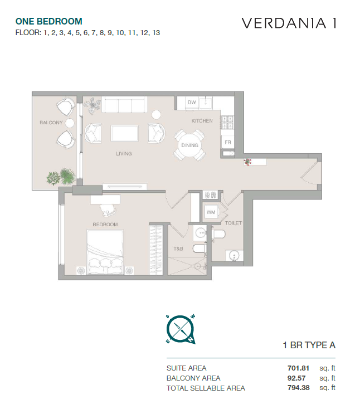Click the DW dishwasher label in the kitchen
click(192, 103)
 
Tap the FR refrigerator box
click(228, 142)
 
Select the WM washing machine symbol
click(211, 212)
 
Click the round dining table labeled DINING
click(189, 145)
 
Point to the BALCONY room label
click(51, 123)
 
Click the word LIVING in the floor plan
click(124, 154)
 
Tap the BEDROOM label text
click(105, 225)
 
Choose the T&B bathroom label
click(178, 249)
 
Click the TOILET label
click(233, 223)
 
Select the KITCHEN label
click(202, 121)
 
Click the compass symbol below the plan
click(181, 329)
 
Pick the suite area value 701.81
click(299, 368)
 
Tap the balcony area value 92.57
click(296, 378)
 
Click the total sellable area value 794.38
click(299, 388)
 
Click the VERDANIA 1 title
click(289, 23)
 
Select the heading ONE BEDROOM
click(49, 21)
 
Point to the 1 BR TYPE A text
click(309, 345)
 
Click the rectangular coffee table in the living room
click(124, 133)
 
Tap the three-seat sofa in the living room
click(124, 104)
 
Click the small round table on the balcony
click(70, 123)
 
